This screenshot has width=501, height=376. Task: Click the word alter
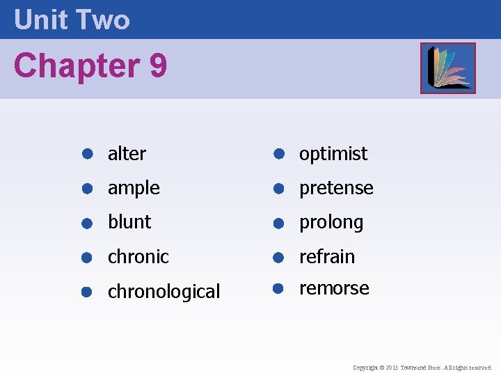pyautogui.click(x=127, y=154)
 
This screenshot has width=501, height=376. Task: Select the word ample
pyautogui.click(x=134, y=188)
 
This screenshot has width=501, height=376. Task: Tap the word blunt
pyautogui.click(x=129, y=222)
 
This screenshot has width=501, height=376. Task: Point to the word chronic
pyautogui.click(x=138, y=257)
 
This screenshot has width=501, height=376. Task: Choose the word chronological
pyautogui.click(x=164, y=291)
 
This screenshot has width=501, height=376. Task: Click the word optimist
pyautogui.click(x=333, y=154)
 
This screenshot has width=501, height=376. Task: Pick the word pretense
pyautogui.click(x=336, y=188)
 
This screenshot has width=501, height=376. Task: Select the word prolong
pyautogui.click(x=331, y=222)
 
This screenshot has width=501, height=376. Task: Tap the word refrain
pyautogui.click(x=327, y=257)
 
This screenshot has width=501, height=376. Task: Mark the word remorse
pyautogui.click(x=334, y=288)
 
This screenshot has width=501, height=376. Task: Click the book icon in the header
pyautogui.click(x=447, y=68)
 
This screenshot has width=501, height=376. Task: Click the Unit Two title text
pyautogui.click(x=72, y=19)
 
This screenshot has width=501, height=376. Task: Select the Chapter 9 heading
pyautogui.click(x=90, y=66)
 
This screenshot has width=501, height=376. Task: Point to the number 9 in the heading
pyautogui.click(x=158, y=66)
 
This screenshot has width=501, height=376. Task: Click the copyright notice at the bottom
pyautogui.click(x=422, y=367)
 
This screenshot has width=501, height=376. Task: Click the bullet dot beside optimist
pyautogui.click(x=277, y=154)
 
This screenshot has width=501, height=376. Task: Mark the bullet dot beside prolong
pyautogui.click(x=277, y=223)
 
